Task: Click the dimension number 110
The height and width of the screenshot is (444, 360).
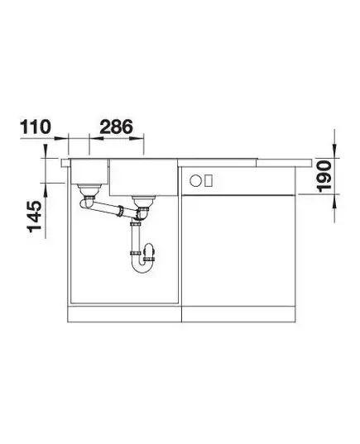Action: (x=36, y=127)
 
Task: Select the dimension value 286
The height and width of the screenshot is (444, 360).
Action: (x=116, y=127)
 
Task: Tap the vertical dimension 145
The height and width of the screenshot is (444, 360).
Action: (x=34, y=217)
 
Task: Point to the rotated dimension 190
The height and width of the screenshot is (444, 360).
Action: (x=324, y=176)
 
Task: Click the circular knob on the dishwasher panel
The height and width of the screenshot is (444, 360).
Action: (x=195, y=180)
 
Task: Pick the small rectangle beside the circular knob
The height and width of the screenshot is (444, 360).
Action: (x=209, y=180)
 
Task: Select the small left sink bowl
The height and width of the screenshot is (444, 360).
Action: (x=89, y=171)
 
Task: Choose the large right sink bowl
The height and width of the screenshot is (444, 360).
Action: (x=143, y=178)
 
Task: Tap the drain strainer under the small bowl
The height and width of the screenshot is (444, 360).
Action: (x=89, y=189)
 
